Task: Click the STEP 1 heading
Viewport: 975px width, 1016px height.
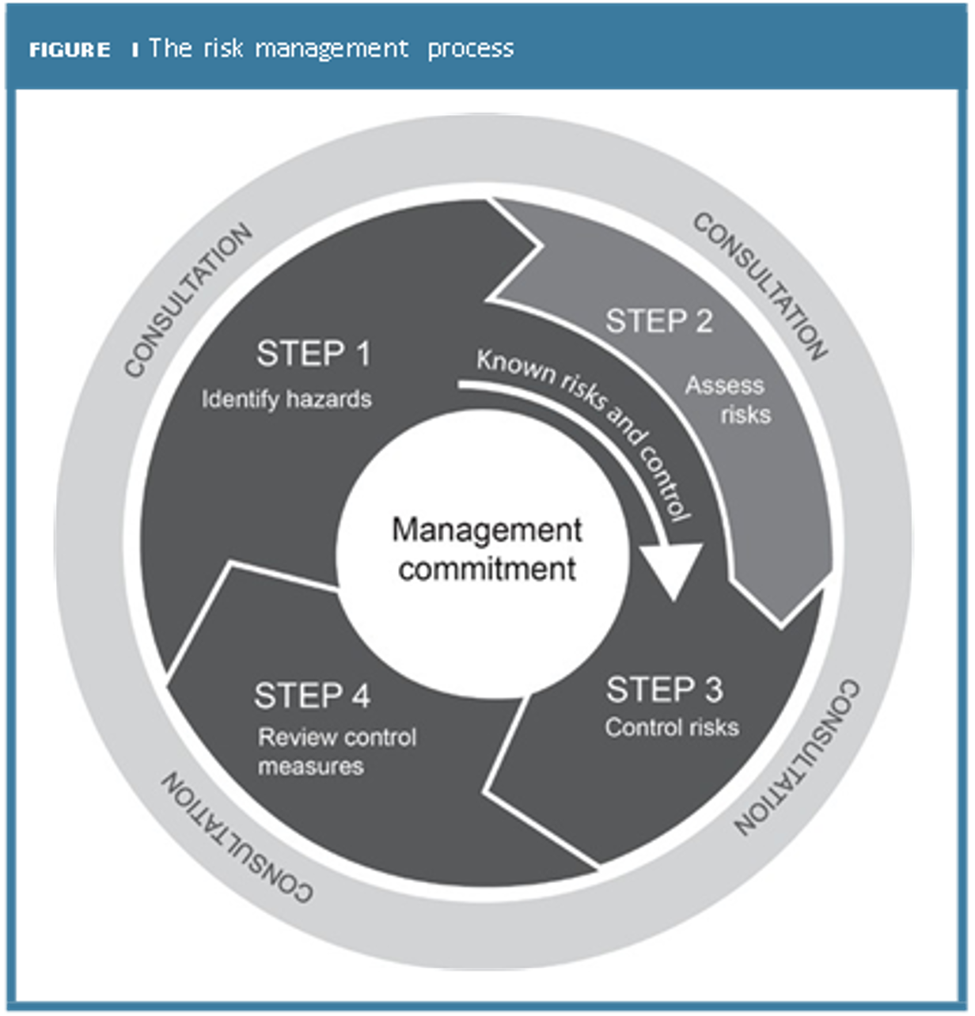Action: click(313, 354)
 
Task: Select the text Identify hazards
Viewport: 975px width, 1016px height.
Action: click(286, 399)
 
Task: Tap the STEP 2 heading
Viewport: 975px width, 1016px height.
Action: click(659, 321)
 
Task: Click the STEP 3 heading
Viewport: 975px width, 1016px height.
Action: click(664, 690)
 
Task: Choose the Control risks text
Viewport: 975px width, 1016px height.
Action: click(672, 727)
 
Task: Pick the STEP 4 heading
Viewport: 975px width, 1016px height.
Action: click(312, 696)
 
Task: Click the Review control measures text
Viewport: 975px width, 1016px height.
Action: click(336, 752)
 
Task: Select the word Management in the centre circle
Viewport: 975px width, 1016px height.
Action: click(487, 530)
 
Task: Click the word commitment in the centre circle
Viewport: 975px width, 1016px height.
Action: click(487, 568)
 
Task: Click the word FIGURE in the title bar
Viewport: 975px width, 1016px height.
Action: click(70, 51)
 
